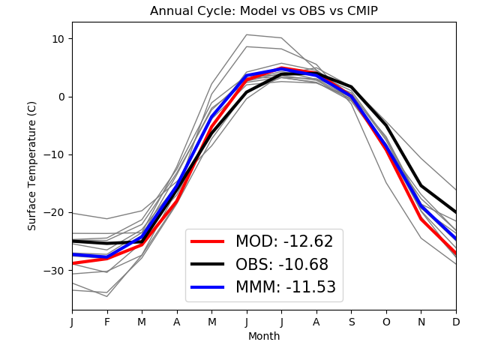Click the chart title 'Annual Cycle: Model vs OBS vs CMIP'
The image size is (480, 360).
(263, 11)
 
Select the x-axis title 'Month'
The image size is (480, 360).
(263, 337)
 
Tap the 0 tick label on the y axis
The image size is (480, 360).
(61, 97)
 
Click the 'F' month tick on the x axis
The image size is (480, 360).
(107, 321)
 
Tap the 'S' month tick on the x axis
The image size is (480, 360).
(351, 321)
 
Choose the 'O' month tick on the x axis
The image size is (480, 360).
(386, 321)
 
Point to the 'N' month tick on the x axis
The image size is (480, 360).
(421, 321)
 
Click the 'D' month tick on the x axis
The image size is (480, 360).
(455, 321)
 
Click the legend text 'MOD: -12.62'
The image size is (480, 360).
(284, 241)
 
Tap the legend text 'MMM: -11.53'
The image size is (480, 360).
(286, 286)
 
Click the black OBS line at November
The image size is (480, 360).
(421, 186)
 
